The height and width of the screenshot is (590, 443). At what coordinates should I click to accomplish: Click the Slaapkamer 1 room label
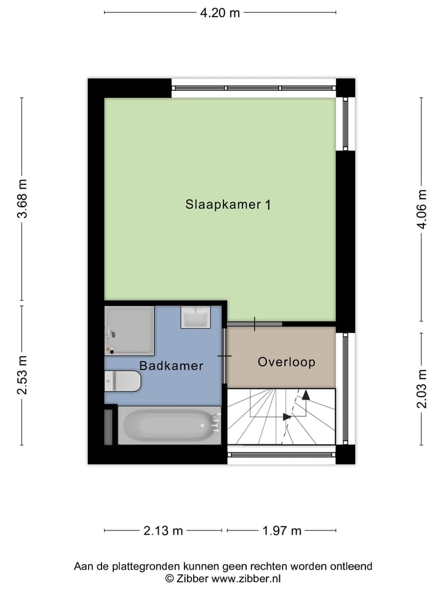pos(228,205)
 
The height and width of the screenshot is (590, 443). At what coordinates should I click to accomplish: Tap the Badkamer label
pos(171,366)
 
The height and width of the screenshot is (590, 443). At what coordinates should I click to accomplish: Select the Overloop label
pos(286,362)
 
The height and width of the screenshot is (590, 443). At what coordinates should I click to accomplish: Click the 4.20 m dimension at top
pos(220,12)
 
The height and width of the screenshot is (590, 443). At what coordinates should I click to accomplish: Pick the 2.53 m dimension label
pos(22,375)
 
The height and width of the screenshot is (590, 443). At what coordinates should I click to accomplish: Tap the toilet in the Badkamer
pos(122,381)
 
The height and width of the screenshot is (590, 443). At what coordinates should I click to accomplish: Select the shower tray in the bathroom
pos(129,331)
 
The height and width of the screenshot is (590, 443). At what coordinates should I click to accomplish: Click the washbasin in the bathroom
pos(196,317)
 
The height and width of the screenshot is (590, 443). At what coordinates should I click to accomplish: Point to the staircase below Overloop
pos(281,417)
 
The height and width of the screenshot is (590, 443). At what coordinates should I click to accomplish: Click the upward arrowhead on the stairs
pos(306,394)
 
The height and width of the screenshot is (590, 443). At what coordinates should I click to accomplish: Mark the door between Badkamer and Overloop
pos(225,356)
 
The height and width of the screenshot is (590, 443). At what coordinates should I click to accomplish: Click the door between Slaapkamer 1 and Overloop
pos(255,323)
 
